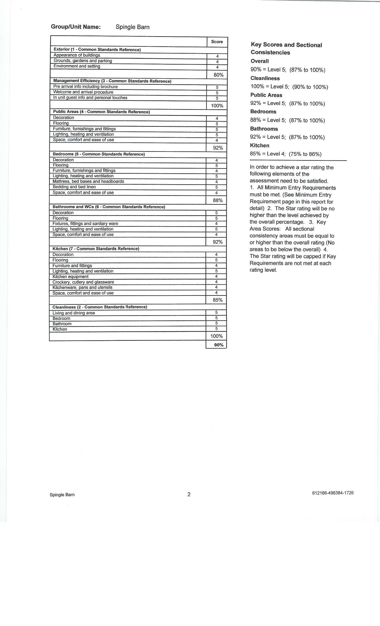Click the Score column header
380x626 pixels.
pyautogui.click(x=217, y=42)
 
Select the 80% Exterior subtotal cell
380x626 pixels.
pyautogui.click(x=218, y=75)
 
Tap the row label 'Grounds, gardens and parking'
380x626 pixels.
pyautogui.click(x=83, y=61)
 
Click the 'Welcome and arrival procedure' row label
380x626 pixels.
pyautogui.click(x=83, y=92)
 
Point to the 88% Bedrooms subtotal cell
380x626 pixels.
pyautogui.click(x=218, y=200)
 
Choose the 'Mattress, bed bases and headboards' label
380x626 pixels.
pyautogui.click(x=88, y=181)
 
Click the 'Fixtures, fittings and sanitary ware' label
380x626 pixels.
pyautogui.click(x=85, y=224)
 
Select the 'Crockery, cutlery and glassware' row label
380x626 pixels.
pyautogui.click(x=83, y=282)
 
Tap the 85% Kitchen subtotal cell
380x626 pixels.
pyautogui.click(x=218, y=300)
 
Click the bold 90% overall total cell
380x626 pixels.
pyautogui.click(x=219, y=345)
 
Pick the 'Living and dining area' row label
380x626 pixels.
pyautogui.click(x=74, y=313)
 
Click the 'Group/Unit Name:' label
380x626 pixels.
pyautogui.click(x=76, y=27)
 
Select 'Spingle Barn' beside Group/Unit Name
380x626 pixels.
pyautogui.click(x=133, y=27)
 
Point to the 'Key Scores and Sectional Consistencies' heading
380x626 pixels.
pyautogui.click(x=286, y=49)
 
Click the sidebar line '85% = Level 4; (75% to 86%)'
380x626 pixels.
pyautogui.click(x=286, y=154)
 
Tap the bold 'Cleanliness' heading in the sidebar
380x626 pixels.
pyautogui.click(x=265, y=78)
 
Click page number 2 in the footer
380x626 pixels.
pyautogui.click(x=189, y=494)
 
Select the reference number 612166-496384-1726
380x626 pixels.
pyautogui.click(x=333, y=493)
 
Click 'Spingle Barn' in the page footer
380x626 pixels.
pyautogui.click(x=62, y=495)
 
